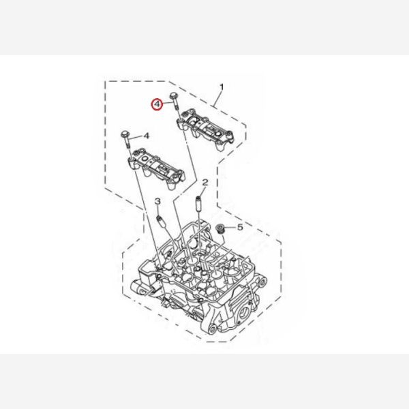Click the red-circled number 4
[157, 104]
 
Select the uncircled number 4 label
[147, 136]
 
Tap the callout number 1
[222, 87]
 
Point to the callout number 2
[205, 183]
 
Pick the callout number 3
[157, 201]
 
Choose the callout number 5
[240, 227]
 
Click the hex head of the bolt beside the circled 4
[174, 95]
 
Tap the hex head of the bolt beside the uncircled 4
[125, 135]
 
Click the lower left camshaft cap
[156, 167]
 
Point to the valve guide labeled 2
[199, 202]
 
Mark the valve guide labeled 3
[160, 222]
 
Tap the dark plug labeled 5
[219, 228]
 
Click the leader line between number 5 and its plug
[230, 228]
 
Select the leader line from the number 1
[217, 99]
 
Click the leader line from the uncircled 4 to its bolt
[135, 137]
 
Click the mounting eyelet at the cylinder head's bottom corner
[212, 329]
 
